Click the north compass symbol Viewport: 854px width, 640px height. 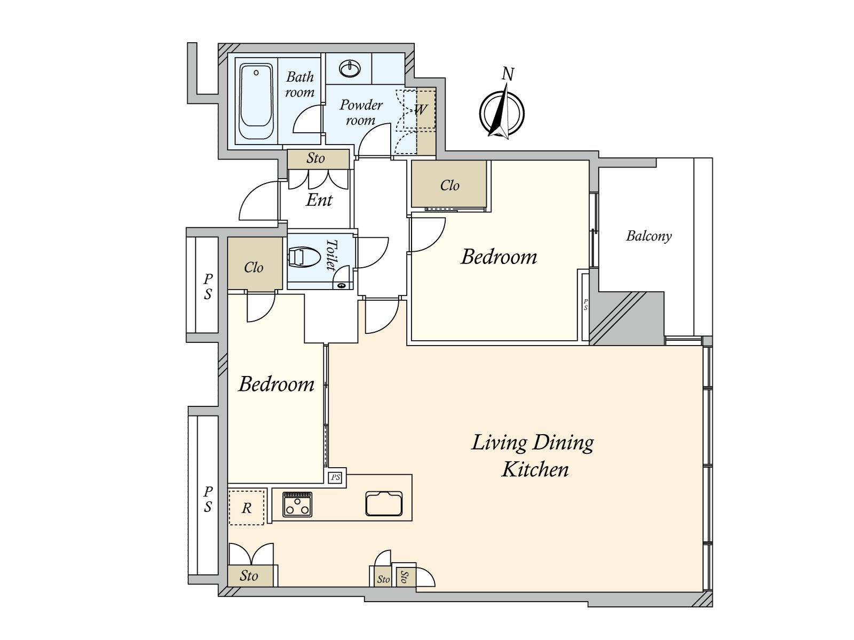tap(502, 114)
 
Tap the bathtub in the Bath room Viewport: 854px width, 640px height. tap(256, 102)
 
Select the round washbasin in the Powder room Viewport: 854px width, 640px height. tap(350, 68)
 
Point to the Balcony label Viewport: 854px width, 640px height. tap(649, 236)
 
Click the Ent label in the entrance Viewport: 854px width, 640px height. tap(319, 200)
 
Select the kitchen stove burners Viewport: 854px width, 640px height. tap(297, 503)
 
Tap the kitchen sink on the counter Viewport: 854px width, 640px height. tap(384, 503)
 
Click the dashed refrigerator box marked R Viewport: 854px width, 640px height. tap(246, 507)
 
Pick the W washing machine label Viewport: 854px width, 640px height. tap(421, 110)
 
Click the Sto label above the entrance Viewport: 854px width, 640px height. tap(315, 158)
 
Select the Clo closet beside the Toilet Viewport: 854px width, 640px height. tap(254, 267)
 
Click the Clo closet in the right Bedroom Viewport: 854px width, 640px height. tap(449, 185)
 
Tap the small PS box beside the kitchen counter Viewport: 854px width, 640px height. tap(335, 477)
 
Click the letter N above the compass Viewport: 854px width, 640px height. tap(508, 74)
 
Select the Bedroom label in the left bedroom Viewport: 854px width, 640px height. tap(276, 384)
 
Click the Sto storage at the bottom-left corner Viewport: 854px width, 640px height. tap(249, 576)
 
